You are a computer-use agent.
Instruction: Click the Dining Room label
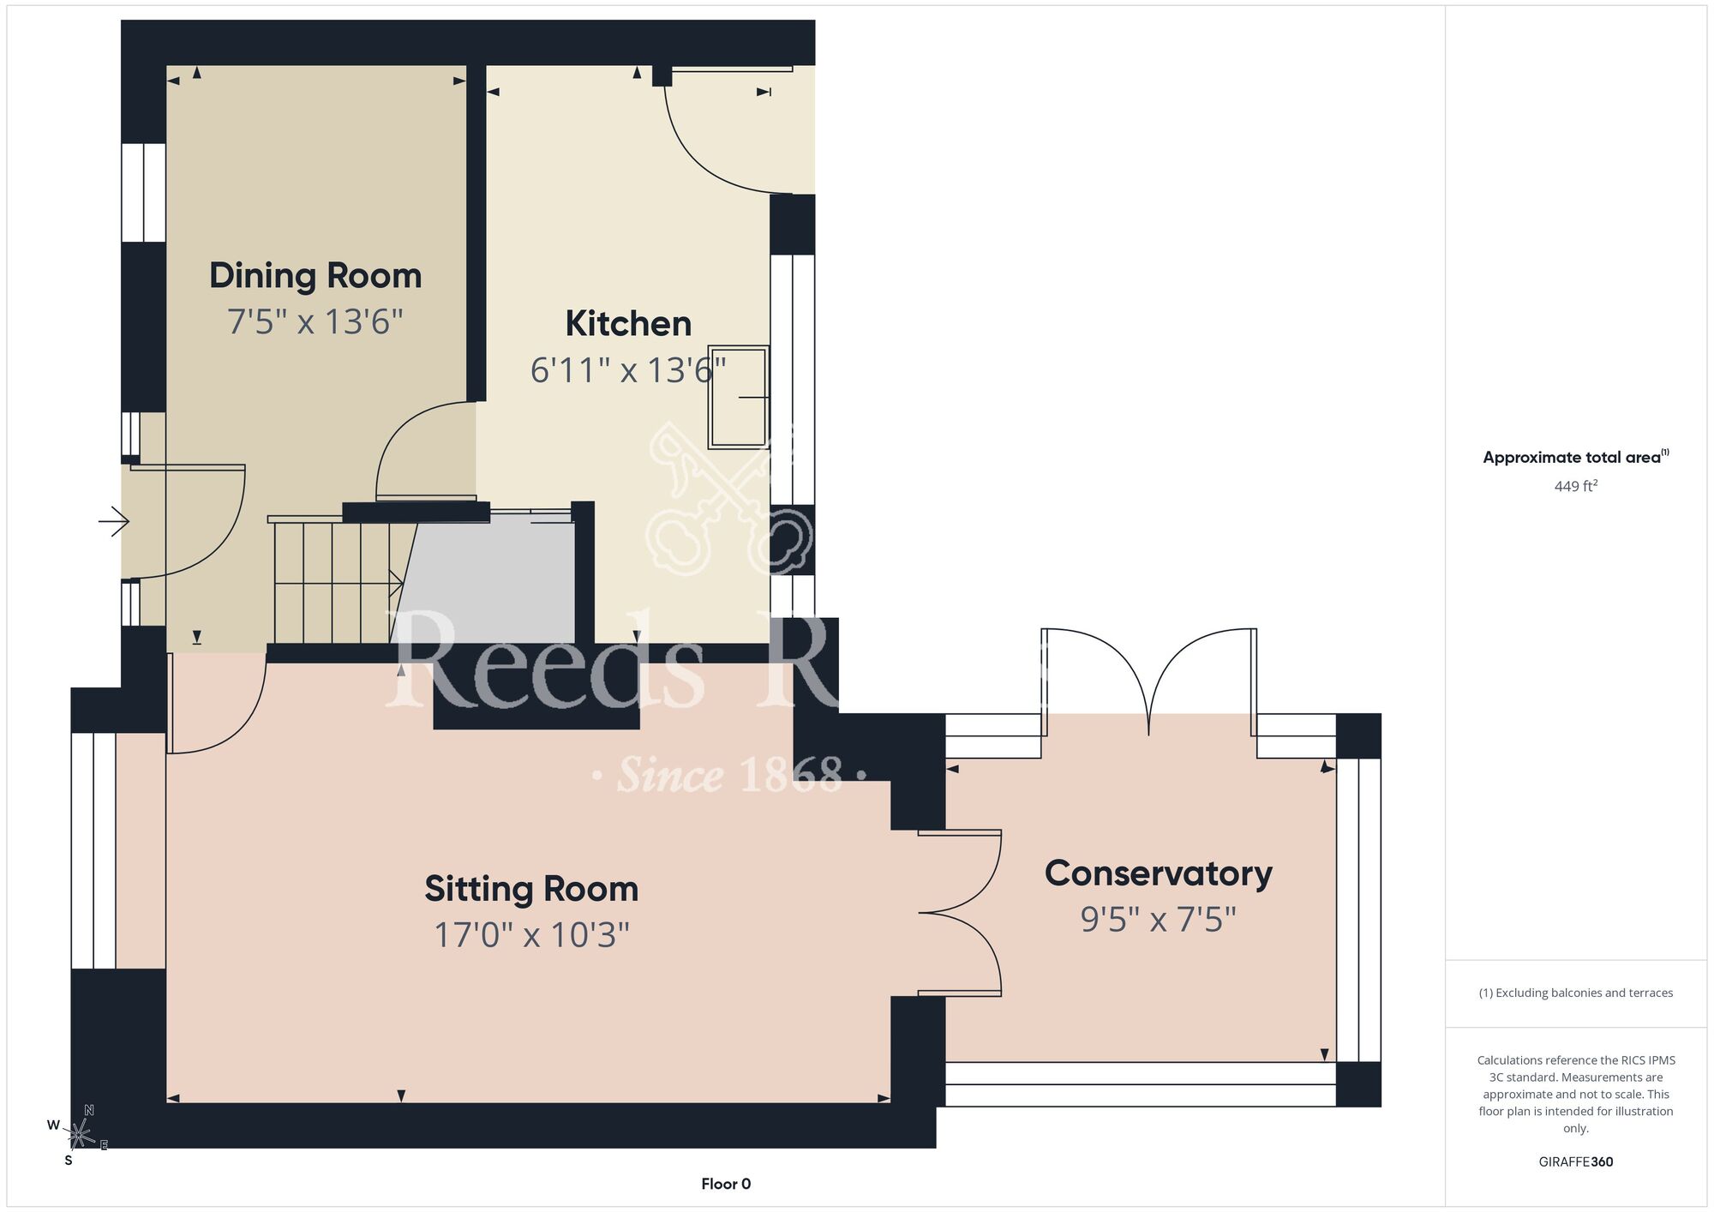click(x=315, y=276)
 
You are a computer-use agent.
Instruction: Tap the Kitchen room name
click(x=628, y=324)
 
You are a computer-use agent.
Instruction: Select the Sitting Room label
click(x=531, y=889)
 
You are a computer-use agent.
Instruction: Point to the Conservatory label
click(x=1158, y=873)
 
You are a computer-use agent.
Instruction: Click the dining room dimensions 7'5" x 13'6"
click(x=315, y=321)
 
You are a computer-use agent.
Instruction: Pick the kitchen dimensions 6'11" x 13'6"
click(x=628, y=369)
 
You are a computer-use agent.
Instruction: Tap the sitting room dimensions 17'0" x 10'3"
click(x=531, y=934)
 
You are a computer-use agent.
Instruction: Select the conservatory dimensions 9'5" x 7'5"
click(x=1158, y=919)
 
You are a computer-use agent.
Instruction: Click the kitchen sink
click(x=738, y=397)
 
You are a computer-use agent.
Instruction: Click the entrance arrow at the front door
click(x=114, y=521)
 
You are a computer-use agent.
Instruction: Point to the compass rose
click(x=78, y=1135)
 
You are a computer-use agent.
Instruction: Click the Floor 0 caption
click(x=726, y=1184)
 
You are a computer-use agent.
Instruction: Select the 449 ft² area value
click(x=1576, y=486)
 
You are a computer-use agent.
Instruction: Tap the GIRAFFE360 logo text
click(x=1576, y=1162)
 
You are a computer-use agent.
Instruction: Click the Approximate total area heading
click(x=1576, y=457)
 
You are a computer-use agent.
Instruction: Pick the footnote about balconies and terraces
click(x=1576, y=993)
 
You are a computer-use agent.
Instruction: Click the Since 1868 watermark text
click(x=729, y=775)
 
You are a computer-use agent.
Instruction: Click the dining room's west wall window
click(x=143, y=193)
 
